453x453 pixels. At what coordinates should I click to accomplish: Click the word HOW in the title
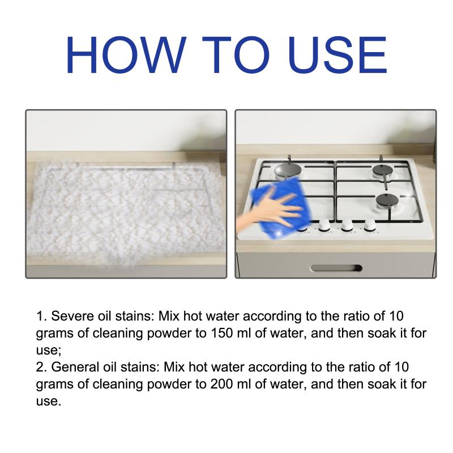click(125, 55)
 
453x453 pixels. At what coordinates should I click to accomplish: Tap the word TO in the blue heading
click(235, 55)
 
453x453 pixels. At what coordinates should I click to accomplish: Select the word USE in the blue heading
click(337, 55)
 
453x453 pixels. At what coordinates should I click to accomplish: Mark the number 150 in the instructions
click(221, 333)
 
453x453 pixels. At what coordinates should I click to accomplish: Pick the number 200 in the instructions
click(221, 384)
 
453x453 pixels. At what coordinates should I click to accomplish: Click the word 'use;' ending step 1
click(49, 351)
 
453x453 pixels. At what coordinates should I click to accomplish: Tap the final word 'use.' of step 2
click(49, 401)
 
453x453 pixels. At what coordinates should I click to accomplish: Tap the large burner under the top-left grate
click(288, 170)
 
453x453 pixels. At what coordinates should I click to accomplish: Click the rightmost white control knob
click(370, 225)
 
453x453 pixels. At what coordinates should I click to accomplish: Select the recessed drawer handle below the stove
click(336, 268)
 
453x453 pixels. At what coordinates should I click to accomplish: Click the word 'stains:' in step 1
click(135, 316)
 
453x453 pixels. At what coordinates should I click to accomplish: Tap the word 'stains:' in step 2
click(140, 367)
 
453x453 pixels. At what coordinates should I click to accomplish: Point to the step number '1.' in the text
click(41, 316)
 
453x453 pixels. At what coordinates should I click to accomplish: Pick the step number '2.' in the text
click(41, 367)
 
